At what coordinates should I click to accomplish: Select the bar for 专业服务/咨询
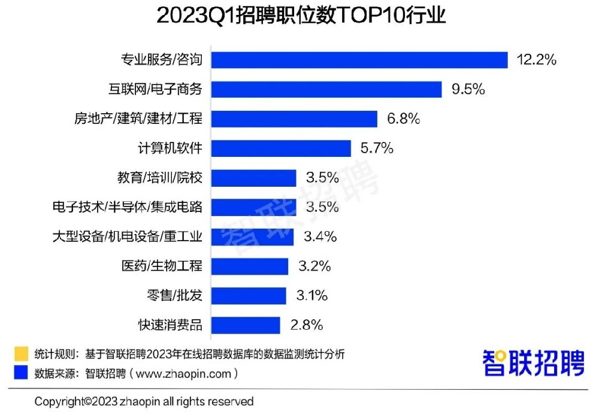coord(360,60)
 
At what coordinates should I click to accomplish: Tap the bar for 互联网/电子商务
coord(326,89)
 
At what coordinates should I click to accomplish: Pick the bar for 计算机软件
coord(281,148)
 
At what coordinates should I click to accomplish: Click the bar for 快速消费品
coord(246,325)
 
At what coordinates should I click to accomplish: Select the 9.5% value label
coord(468,89)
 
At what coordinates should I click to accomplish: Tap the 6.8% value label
coord(403,119)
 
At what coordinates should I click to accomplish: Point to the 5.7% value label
coord(377,148)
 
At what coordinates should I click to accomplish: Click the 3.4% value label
coord(320,236)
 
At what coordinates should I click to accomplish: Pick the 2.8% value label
coord(306,325)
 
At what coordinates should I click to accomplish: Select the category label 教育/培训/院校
coord(160,178)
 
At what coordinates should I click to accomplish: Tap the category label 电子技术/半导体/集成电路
coord(128,207)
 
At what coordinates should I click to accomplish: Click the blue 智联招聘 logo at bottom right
coord(533,363)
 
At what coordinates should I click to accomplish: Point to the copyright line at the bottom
coord(144,401)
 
